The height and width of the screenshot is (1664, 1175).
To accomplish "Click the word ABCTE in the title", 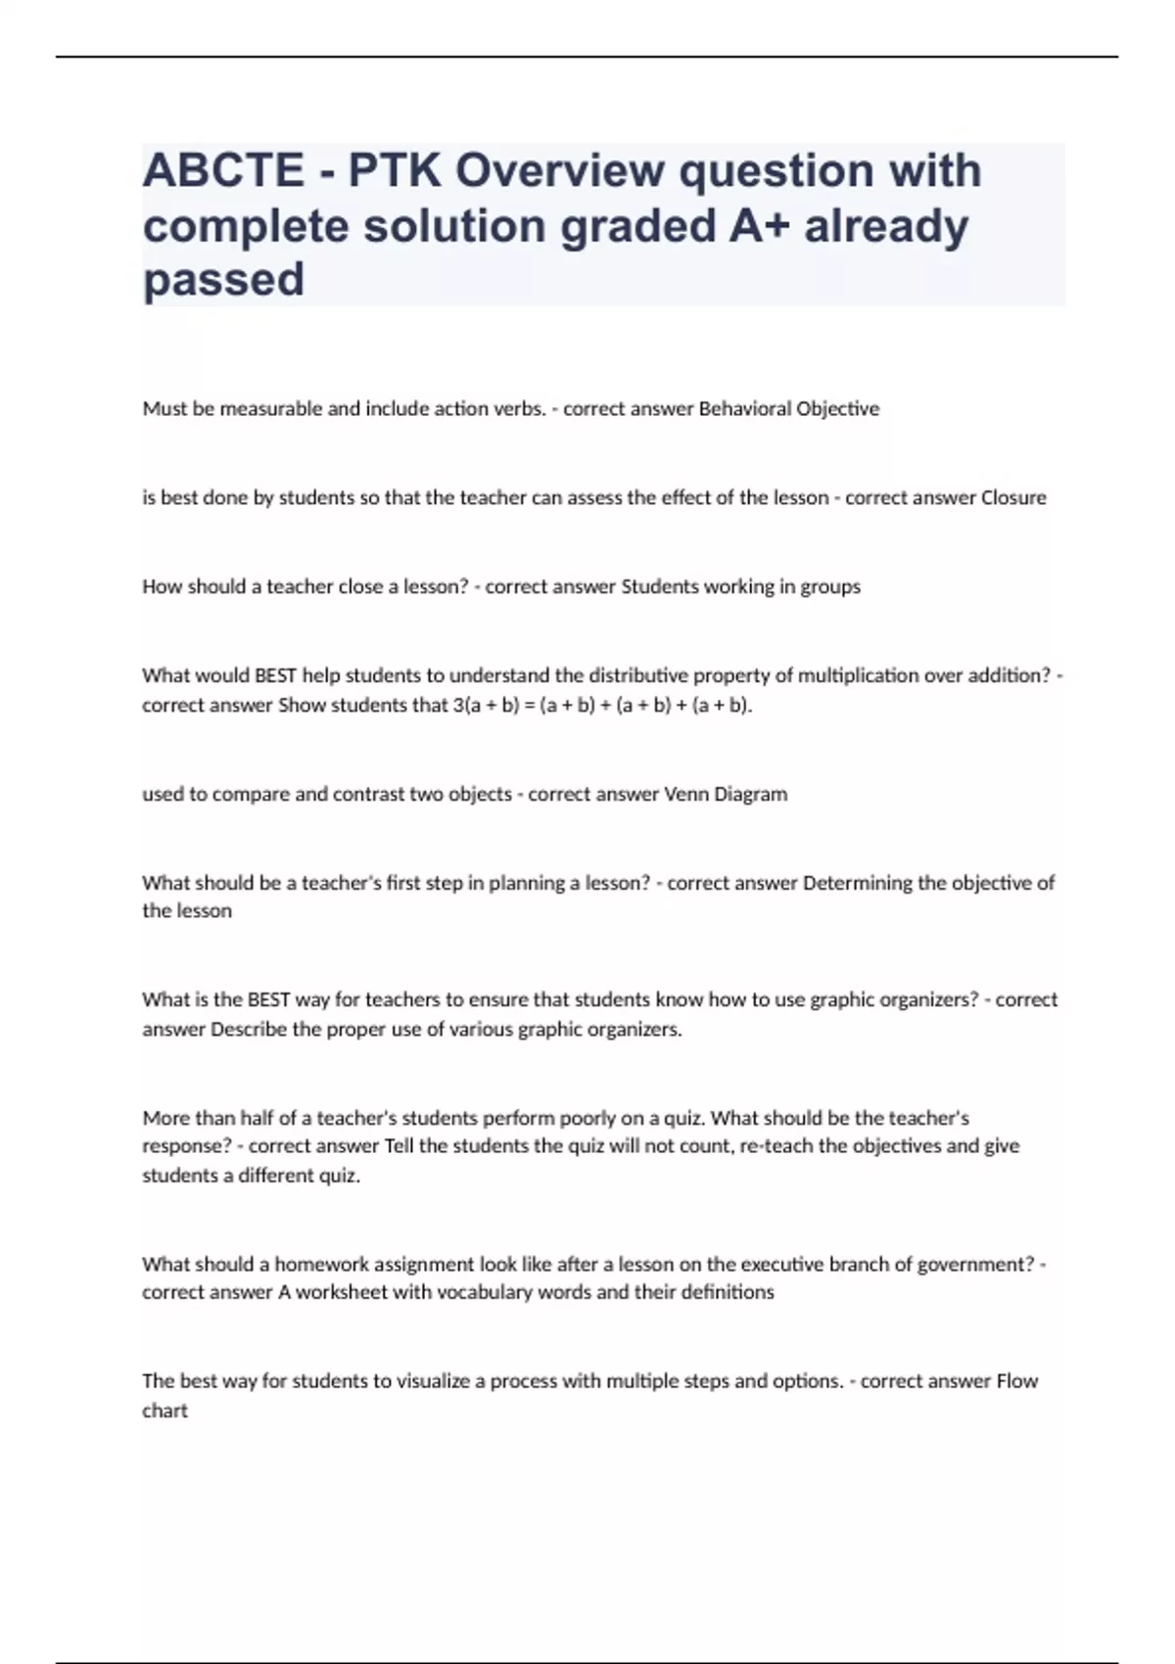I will [223, 170].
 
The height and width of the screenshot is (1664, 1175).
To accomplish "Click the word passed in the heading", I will [223, 280].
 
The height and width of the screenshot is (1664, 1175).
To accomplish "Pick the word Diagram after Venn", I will [751, 795].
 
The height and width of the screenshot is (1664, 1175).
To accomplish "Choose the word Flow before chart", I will [1017, 1381].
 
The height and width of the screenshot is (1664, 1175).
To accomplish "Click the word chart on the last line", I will [164, 1411].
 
